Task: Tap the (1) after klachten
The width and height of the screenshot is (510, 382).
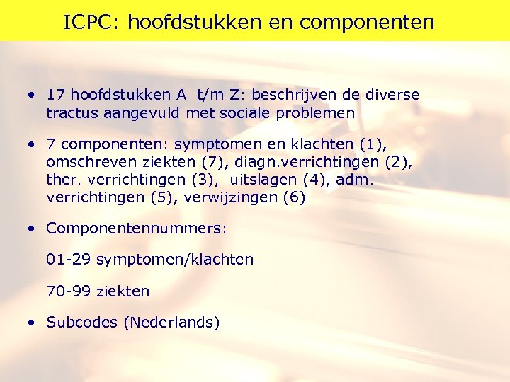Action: pos(373,144)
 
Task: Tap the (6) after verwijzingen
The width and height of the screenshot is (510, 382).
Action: pos(294,197)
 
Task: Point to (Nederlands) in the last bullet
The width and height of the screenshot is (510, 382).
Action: pos(171,323)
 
